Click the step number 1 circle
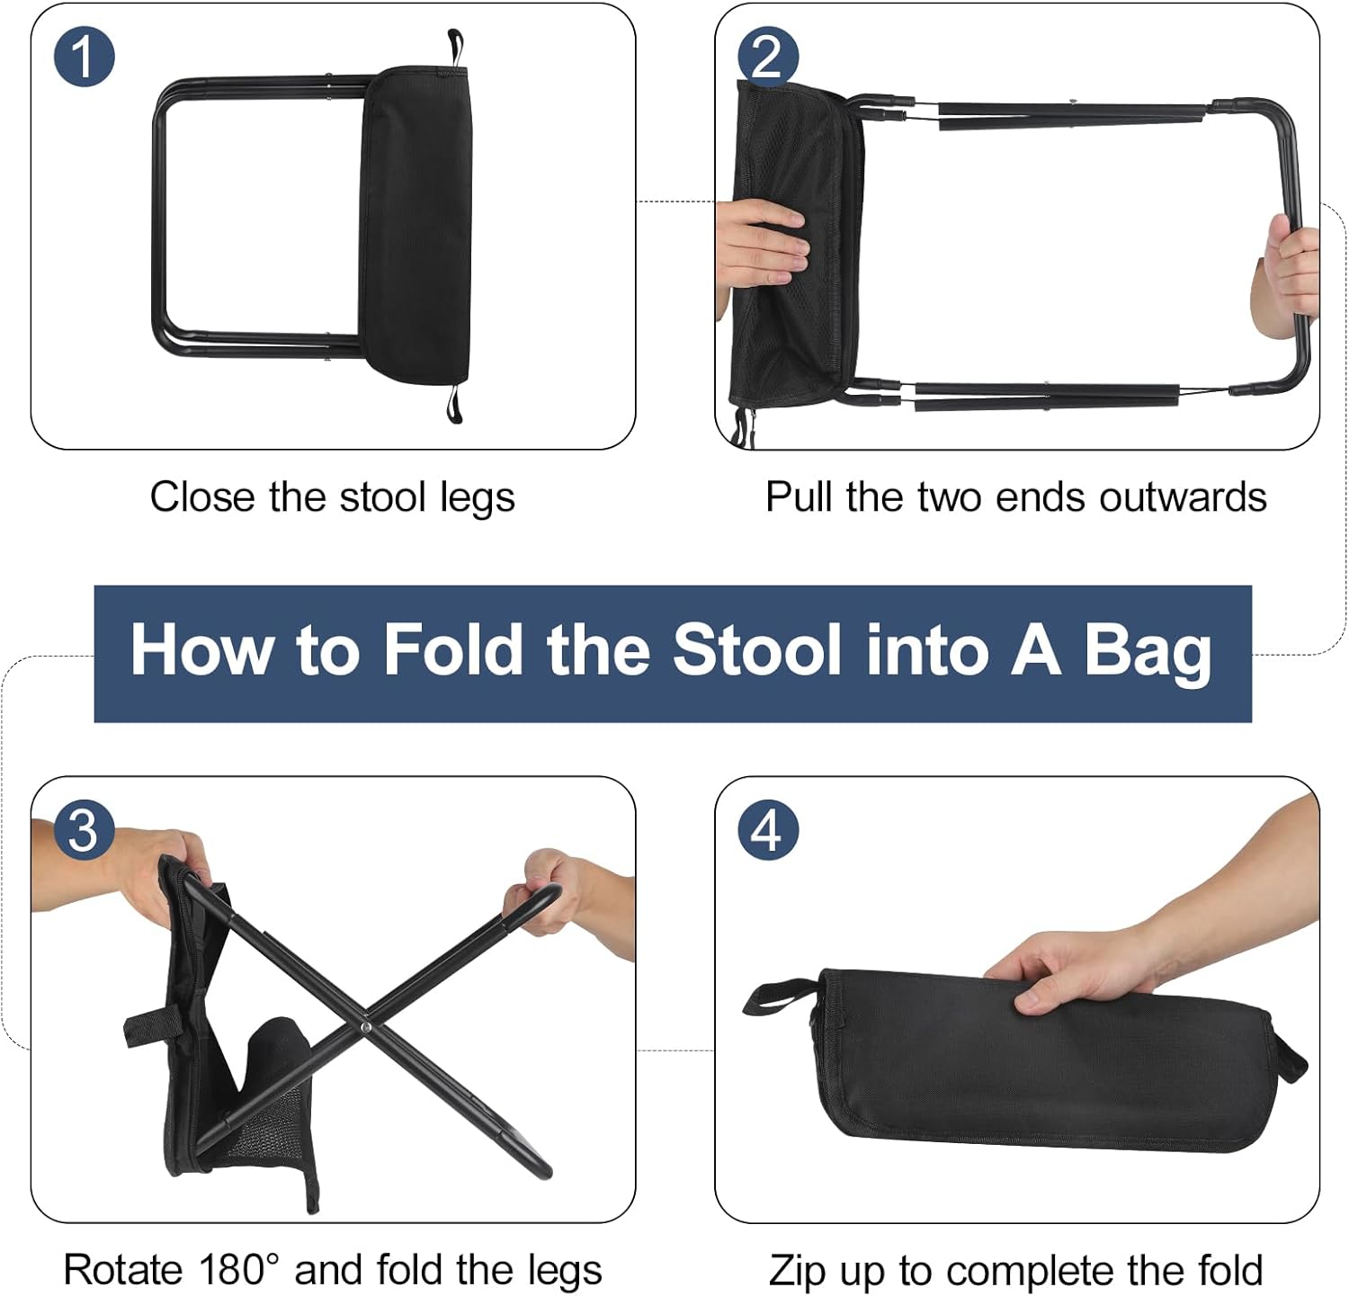(84, 57)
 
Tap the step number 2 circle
(767, 57)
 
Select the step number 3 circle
(84, 829)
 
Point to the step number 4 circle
(767, 829)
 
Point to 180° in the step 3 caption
(228, 1270)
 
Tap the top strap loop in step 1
(455, 47)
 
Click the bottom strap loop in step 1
(454, 402)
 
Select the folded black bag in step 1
(415, 225)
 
